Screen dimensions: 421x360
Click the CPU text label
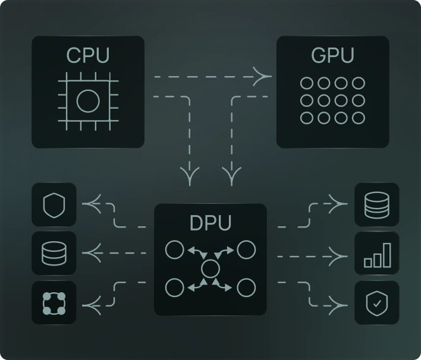click(x=88, y=55)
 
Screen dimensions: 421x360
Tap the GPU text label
click(x=332, y=55)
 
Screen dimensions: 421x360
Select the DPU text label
click(x=211, y=223)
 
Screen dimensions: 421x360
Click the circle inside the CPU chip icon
click(x=88, y=101)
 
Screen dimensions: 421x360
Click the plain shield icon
click(x=54, y=205)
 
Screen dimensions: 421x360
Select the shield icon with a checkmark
click(x=377, y=304)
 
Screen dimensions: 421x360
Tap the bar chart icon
click(x=377, y=255)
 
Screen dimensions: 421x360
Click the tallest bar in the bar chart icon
click(x=387, y=255)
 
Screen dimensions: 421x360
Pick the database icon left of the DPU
click(x=54, y=254)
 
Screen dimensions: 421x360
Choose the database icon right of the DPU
click(x=376, y=205)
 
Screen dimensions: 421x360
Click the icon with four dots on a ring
click(x=54, y=304)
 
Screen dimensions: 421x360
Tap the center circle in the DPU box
click(x=211, y=269)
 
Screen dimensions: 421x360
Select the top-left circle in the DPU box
click(x=174, y=250)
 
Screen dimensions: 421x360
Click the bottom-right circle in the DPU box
click(x=246, y=288)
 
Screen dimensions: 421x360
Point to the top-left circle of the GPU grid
click(x=307, y=83)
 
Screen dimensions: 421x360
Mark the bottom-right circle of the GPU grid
click(x=359, y=118)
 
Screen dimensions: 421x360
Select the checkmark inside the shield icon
click(x=377, y=304)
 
